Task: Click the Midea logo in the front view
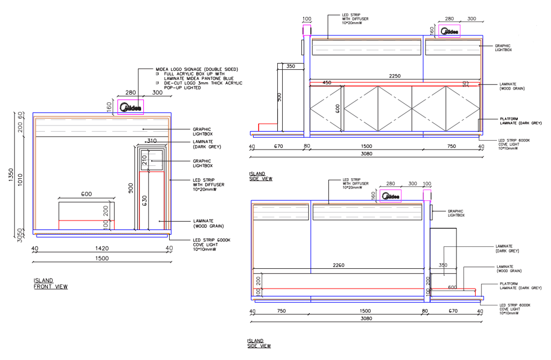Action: [x=131, y=106]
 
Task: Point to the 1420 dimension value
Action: [x=102, y=247]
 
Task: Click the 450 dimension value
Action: [x=327, y=83]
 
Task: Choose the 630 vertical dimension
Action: [x=144, y=201]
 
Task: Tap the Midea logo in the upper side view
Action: [x=449, y=31]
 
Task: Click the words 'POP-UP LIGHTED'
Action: [x=182, y=88]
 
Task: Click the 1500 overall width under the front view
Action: [x=102, y=258]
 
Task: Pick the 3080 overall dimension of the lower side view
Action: [x=366, y=318]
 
